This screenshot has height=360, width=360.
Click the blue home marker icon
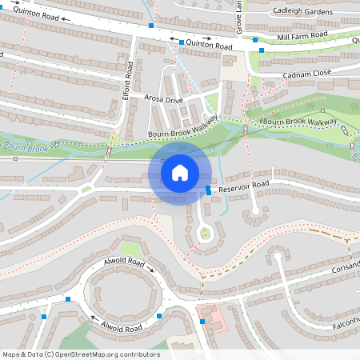[x=180, y=173]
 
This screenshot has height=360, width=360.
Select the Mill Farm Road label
[x=302, y=36]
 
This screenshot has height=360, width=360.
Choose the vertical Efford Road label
[x=126, y=81]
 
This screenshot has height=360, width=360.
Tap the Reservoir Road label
[x=243, y=185]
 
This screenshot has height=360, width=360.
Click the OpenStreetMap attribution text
[x=80, y=354]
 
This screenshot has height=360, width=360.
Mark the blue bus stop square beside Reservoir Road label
[x=208, y=190]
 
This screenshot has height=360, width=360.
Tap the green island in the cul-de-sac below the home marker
[x=205, y=233]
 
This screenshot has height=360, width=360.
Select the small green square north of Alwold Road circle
[x=130, y=249]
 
